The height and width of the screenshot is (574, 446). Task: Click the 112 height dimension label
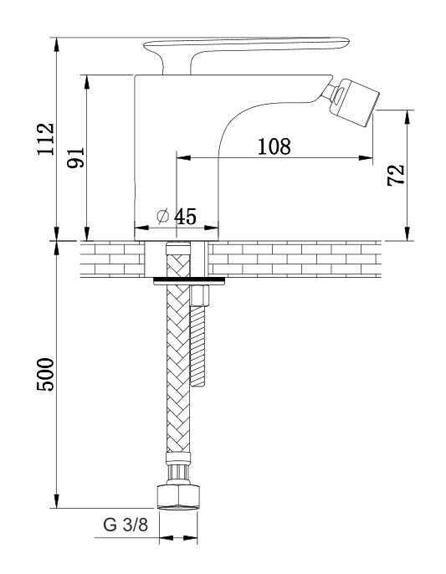(x=46, y=139)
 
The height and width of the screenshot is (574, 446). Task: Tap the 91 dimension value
(x=76, y=157)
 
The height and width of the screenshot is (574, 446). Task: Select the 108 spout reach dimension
(x=274, y=146)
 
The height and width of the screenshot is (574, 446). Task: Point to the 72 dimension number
(x=396, y=175)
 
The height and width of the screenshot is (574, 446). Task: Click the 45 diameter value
(x=185, y=217)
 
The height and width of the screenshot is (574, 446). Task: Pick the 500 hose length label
(x=45, y=374)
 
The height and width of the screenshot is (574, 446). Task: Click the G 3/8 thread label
(x=126, y=525)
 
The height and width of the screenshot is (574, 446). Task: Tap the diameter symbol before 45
(x=163, y=216)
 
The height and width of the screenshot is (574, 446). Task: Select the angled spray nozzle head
(x=354, y=102)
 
